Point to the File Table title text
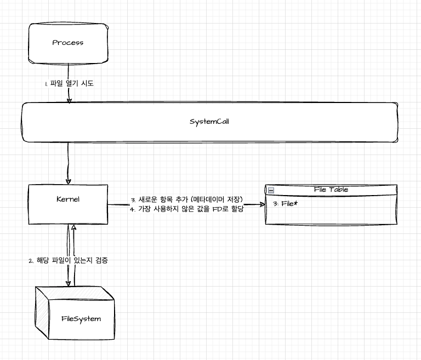(x=331, y=190)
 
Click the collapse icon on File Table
(x=271, y=190)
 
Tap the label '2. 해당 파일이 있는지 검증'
(x=67, y=260)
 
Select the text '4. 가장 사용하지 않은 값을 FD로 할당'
(x=187, y=209)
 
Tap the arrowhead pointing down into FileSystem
(x=69, y=283)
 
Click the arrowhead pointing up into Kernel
(x=73, y=226)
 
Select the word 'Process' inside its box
(x=68, y=43)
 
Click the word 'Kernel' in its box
(x=68, y=199)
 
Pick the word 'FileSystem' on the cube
(x=81, y=318)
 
